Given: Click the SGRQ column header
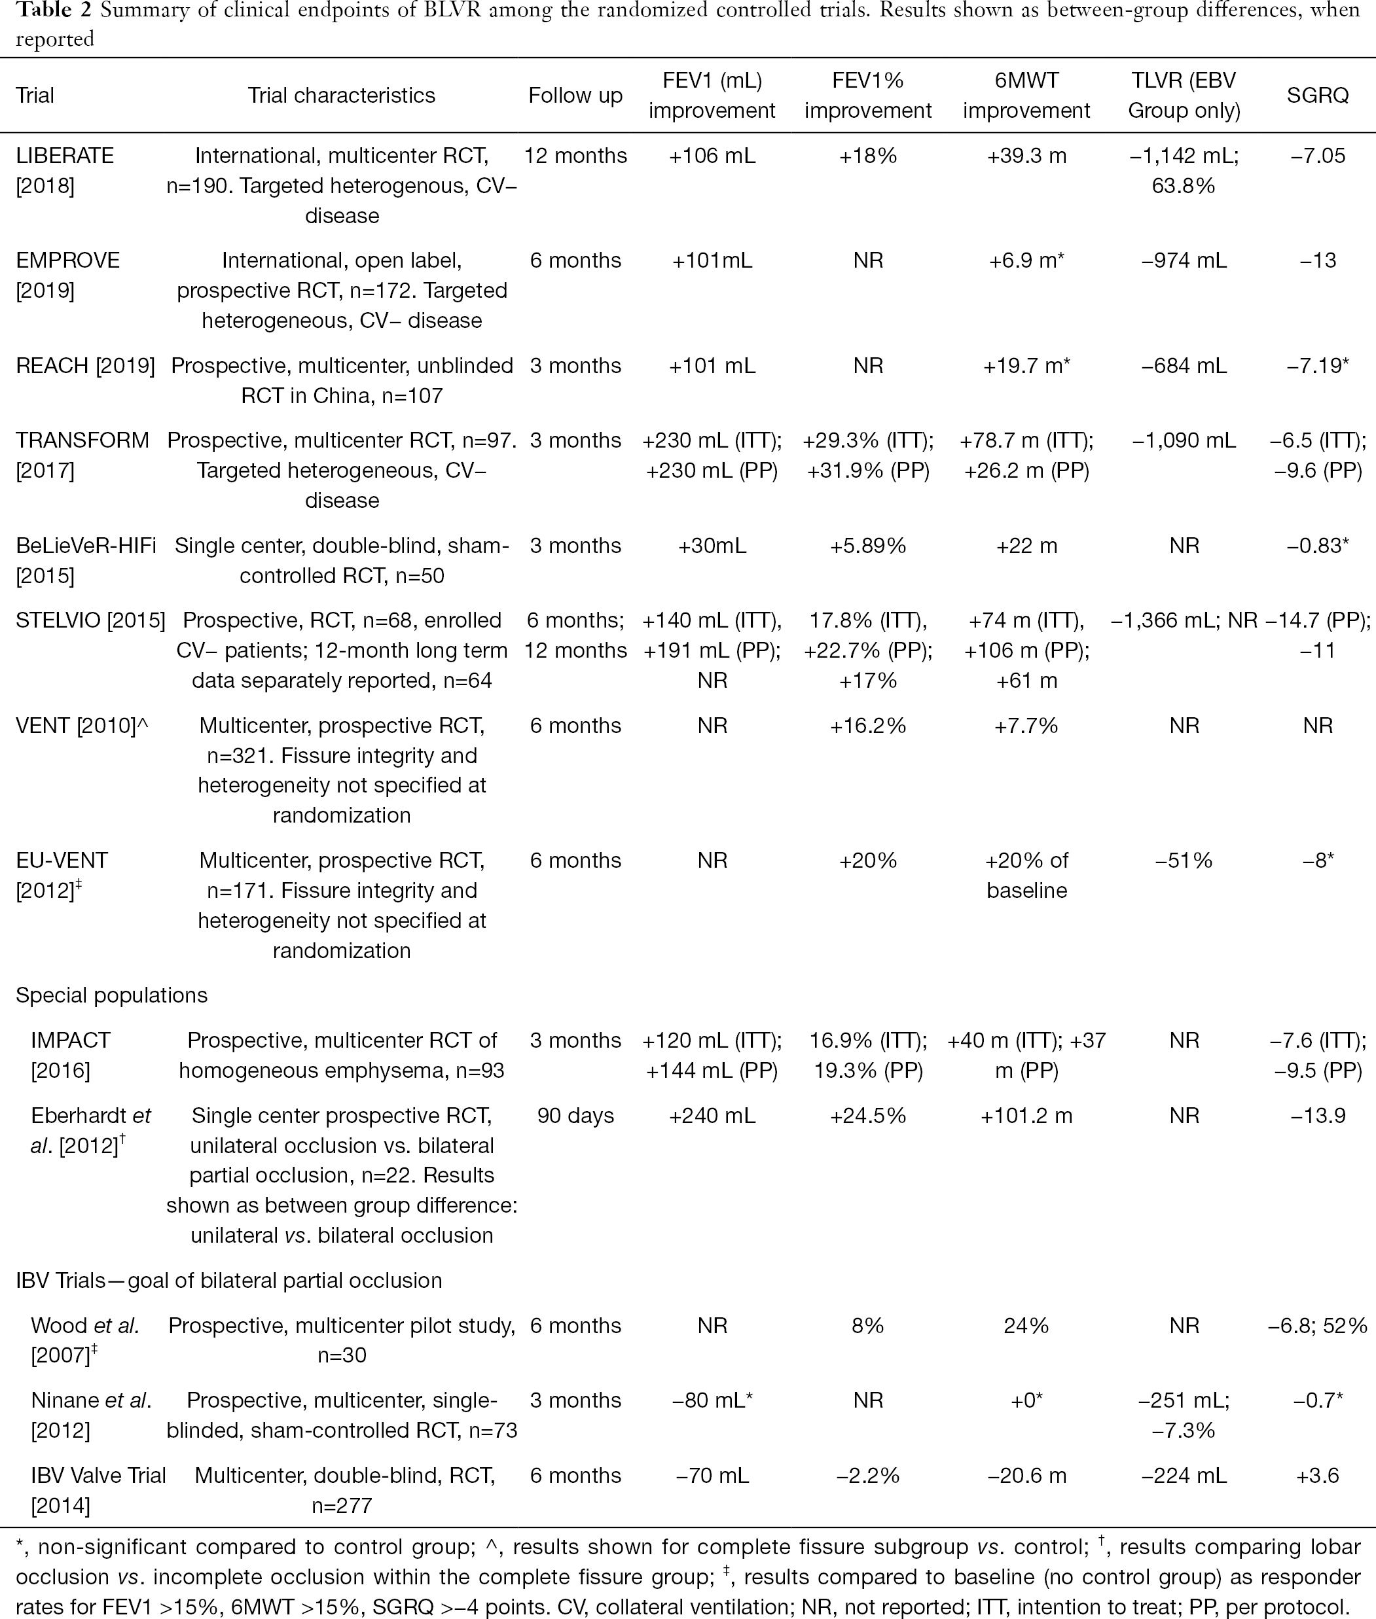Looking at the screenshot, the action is [x=1318, y=95].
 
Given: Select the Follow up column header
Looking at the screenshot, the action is [x=575, y=95].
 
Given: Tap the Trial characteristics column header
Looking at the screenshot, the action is [x=342, y=95].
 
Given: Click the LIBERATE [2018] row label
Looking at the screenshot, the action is [x=65, y=171].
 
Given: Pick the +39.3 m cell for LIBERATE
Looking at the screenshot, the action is [x=1026, y=156].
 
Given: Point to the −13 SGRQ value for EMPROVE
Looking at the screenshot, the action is [x=1318, y=260].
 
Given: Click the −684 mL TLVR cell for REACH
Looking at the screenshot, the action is [x=1184, y=366].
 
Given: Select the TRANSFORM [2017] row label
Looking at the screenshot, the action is [x=82, y=455].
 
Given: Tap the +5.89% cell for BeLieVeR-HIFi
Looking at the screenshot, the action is [x=868, y=546].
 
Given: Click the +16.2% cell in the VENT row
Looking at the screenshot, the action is [x=868, y=726].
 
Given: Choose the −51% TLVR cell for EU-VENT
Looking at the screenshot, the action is [x=1184, y=861].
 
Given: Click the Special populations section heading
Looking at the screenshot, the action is [x=111, y=996].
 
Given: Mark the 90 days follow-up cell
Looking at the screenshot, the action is [x=575, y=1116].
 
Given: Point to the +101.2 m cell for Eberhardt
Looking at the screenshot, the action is [x=1026, y=1116].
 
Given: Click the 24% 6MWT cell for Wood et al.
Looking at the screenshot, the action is [x=1026, y=1326].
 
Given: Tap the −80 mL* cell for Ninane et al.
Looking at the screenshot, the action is [x=712, y=1400].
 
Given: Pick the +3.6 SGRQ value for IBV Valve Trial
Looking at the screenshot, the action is [x=1318, y=1476].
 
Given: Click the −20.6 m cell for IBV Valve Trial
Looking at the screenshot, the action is [x=1026, y=1476].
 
